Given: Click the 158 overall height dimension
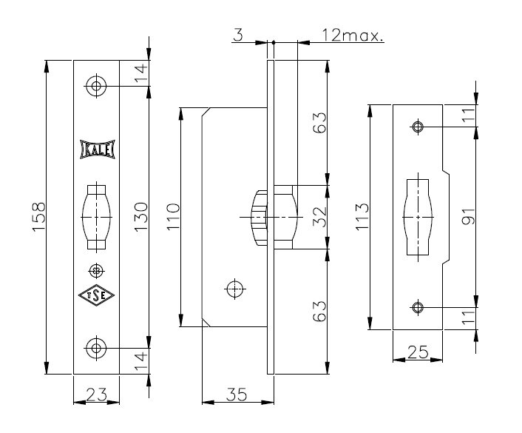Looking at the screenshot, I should point(40,218).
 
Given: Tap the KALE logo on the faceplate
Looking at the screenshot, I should point(95,150).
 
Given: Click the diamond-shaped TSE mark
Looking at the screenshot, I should point(95,295).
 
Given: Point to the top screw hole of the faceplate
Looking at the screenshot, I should point(95,86).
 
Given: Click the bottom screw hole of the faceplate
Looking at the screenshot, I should point(95,346).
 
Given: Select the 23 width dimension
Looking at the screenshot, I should point(96,395).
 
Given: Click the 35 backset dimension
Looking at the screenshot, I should point(238,395).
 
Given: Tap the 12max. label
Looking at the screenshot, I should point(353,35).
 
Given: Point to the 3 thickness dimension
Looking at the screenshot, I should point(237,35).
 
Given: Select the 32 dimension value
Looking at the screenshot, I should point(320,218).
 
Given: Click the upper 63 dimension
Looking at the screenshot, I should point(320,123).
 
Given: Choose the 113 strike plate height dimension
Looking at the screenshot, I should point(363,218).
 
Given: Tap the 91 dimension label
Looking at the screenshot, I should point(469,218).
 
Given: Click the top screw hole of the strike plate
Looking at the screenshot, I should point(418,127).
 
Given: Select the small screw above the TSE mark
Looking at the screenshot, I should point(95,269).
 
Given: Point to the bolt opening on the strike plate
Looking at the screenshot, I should point(418,217).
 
